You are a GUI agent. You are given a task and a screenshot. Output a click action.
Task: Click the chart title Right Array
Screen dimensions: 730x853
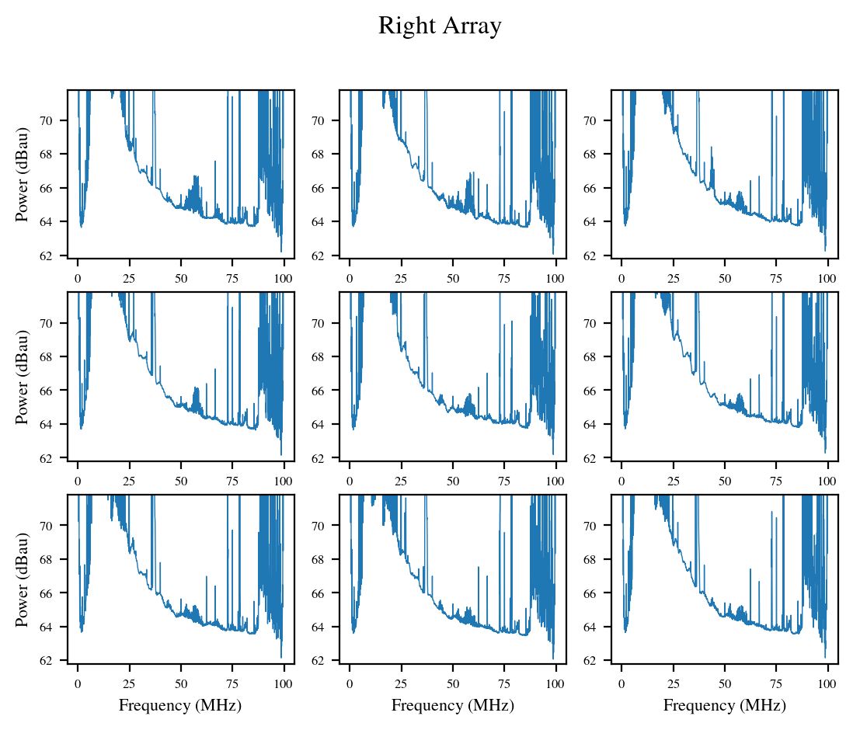tap(440, 26)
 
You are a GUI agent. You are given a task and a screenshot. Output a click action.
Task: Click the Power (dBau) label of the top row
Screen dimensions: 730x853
tap(23, 174)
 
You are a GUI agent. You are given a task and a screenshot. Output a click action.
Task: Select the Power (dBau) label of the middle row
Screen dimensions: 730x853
tap(23, 377)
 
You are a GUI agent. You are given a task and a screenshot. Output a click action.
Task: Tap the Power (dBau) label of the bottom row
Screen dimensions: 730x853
tap(23, 579)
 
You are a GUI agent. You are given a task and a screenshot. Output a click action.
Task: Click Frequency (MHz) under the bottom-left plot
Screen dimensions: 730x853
tap(180, 705)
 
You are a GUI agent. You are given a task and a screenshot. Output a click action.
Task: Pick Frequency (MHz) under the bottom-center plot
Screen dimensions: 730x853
tap(452, 705)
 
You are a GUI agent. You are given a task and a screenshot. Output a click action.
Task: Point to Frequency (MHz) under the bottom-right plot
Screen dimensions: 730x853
tap(724, 705)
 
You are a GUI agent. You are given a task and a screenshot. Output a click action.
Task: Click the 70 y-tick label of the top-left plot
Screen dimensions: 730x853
tap(56, 120)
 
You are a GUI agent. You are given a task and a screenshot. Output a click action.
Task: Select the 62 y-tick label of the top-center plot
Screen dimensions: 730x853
tap(328, 255)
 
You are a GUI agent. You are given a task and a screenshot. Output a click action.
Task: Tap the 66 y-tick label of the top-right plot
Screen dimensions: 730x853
tap(600, 188)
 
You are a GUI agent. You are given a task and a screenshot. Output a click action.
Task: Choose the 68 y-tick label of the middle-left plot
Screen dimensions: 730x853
tap(56, 356)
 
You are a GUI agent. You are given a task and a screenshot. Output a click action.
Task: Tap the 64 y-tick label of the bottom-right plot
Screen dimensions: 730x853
tap(600, 627)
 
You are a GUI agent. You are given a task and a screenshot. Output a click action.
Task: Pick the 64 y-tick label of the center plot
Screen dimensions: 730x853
tap(328, 424)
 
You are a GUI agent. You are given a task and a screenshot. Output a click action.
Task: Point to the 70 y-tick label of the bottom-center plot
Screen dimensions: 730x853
tap(328, 526)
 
